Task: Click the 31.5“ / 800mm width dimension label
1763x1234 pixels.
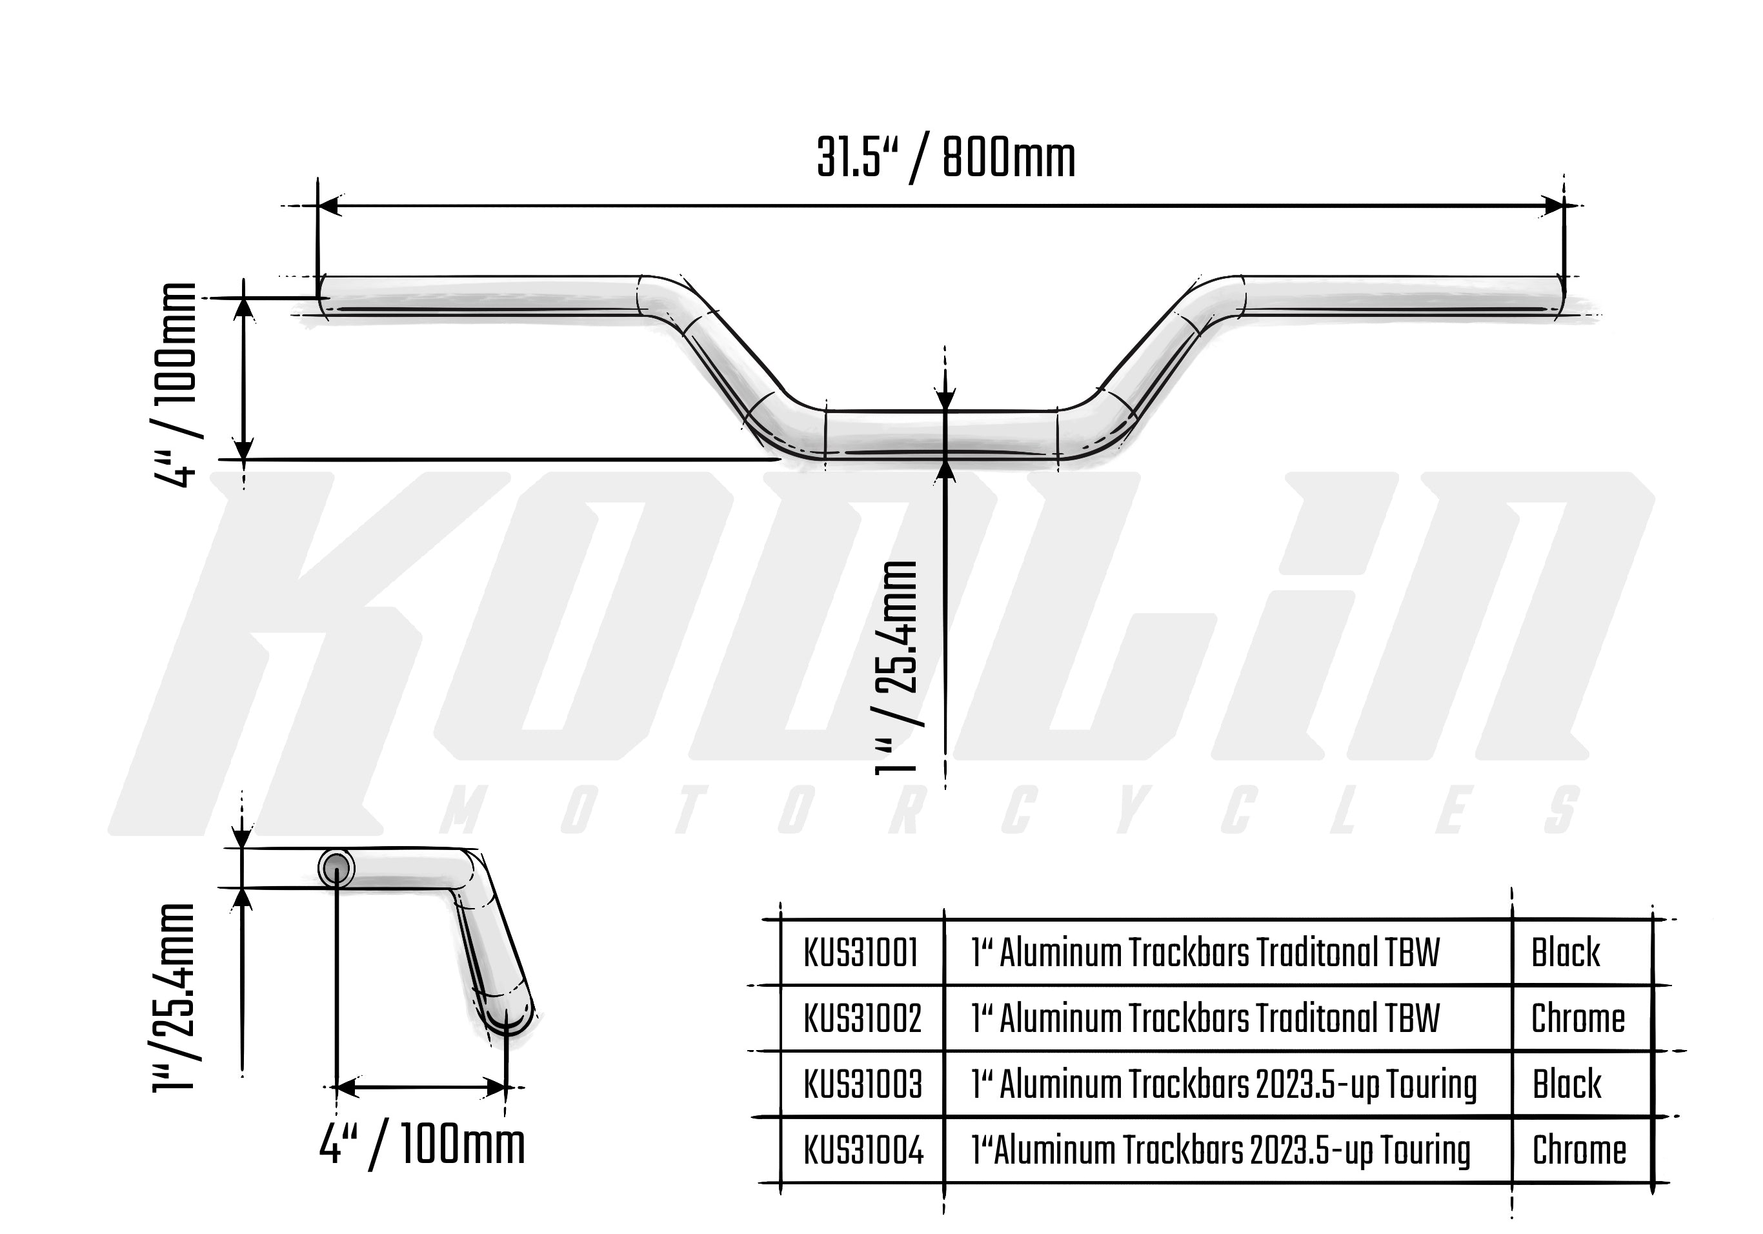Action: tap(945, 159)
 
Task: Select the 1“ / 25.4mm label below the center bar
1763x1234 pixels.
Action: tap(897, 668)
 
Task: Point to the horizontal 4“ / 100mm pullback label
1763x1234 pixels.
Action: tap(422, 1146)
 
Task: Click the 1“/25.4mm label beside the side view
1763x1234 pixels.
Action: tap(174, 996)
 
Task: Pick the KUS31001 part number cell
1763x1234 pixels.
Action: tap(861, 953)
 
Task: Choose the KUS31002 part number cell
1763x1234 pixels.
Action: tap(861, 1019)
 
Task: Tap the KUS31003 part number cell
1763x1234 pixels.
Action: tap(862, 1084)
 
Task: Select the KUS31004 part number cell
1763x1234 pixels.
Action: tap(863, 1150)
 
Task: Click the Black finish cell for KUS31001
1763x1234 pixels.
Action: tap(1566, 953)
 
